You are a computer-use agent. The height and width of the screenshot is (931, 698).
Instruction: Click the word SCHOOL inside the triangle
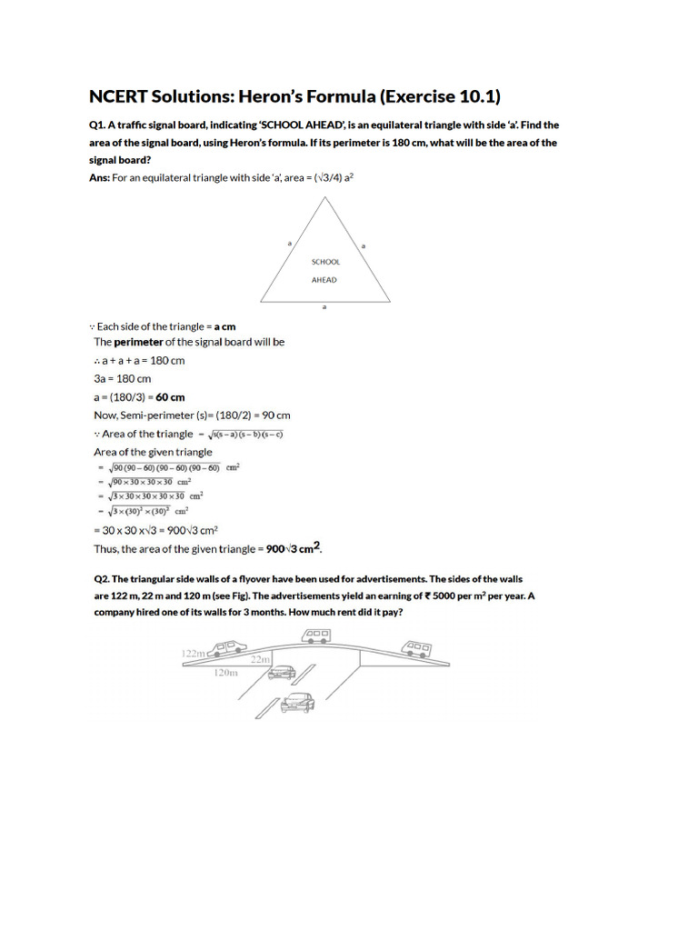[x=325, y=262]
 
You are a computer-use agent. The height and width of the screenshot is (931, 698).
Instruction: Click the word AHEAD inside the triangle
[x=324, y=280]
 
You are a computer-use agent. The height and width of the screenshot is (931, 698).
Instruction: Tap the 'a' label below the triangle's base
[x=325, y=308]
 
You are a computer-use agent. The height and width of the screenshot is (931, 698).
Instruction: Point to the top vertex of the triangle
[x=326, y=196]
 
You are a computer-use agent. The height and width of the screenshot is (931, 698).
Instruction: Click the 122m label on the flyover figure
[x=194, y=653]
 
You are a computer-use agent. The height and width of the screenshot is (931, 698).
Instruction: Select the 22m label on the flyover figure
[x=260, y=659]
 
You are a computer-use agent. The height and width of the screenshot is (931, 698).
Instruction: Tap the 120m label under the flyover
[x=225, y=674]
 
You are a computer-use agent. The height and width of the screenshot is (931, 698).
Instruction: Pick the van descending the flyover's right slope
[x=417, y=649]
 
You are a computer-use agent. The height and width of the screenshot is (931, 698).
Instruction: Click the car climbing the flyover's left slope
[x=227, y=648]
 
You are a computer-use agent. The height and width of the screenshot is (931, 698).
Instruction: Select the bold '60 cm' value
[x=170, y=397]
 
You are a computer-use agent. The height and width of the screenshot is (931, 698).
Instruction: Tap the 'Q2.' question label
[x=103, y=578]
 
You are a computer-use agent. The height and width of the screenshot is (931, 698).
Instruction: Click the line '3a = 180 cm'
[x=123, y=378]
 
